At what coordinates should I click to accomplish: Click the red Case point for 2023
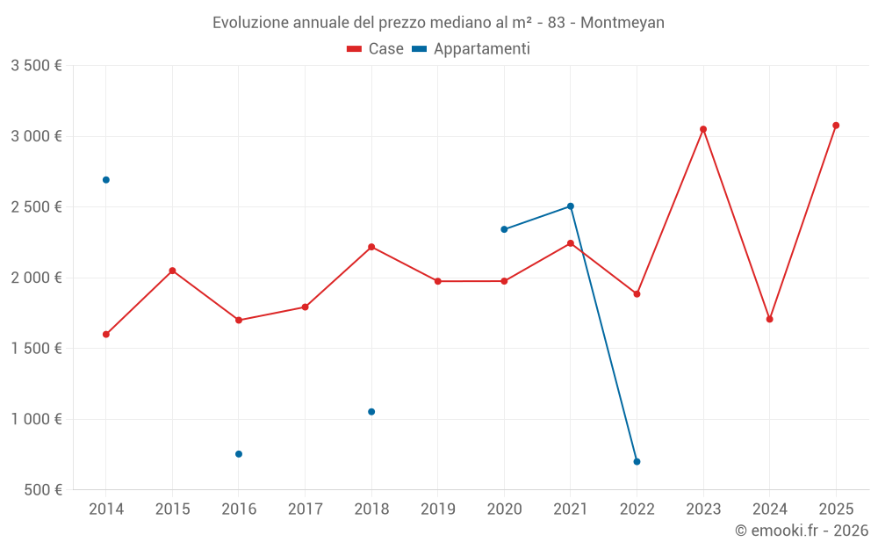(x=703, y=129)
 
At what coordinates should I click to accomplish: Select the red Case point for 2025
(x=836, y=126)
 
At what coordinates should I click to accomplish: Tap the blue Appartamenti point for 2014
(x=106, y=180)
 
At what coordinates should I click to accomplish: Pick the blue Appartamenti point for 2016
(x=239, y=454)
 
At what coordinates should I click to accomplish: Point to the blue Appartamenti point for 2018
(x=371, y=412)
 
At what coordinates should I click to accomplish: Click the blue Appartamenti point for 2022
(x=637, y=461)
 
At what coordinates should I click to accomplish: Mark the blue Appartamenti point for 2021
(x=571, y=206)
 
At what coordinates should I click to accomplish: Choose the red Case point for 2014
(x=106, y=334)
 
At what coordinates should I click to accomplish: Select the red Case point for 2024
(x=769, y=319)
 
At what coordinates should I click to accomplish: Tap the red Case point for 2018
(x=371, y=247)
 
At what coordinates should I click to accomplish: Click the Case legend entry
(x=376, y=49)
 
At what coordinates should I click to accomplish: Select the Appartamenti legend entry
(x=471, y=49)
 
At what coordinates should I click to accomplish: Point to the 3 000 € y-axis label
(x=36, y=136)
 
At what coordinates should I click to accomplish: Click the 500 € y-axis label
(x=42, y=490)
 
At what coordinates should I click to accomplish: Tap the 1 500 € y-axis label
(x=36, y=349)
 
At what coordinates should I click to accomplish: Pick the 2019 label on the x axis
(x=438, y=509)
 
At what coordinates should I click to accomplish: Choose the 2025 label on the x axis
(x=836, y=509)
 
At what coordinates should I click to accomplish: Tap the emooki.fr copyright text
(x=802, y=531)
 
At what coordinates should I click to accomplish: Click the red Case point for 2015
(x=172, y=271)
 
